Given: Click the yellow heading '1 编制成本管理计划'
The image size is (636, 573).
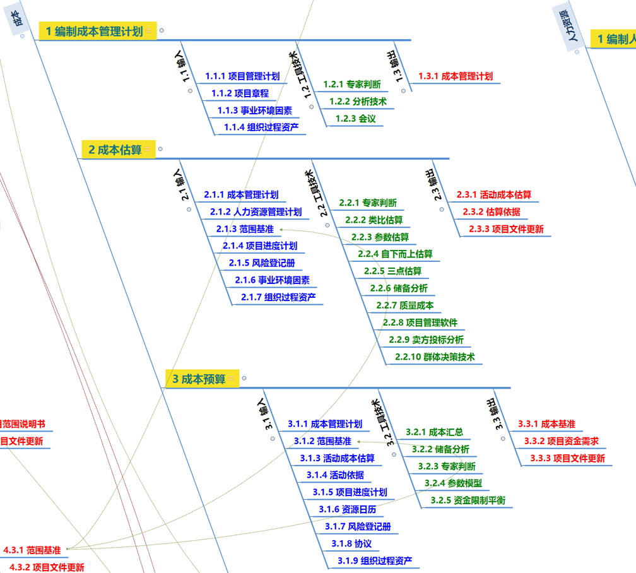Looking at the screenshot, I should tap(93, 31).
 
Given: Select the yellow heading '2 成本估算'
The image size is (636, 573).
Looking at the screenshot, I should tap(114, 150).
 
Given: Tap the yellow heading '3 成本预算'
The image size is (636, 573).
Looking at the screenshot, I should tap(198, 379).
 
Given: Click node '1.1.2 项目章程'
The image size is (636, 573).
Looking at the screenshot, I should tap(240, 93).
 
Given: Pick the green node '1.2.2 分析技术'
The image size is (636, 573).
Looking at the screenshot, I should tap(358, 101).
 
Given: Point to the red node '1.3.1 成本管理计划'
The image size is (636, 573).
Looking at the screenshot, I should tap(455, 76).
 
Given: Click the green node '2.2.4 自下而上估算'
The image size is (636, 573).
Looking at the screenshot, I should tap(395, 254).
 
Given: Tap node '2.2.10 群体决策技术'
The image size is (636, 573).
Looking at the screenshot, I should tap(435, 357).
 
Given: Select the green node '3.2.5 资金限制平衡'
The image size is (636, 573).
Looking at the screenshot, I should tap(468, 500).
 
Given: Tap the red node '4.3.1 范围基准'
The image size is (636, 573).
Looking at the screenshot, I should tap(32, 550).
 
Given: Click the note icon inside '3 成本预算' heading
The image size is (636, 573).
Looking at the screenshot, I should tap(232, 379).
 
